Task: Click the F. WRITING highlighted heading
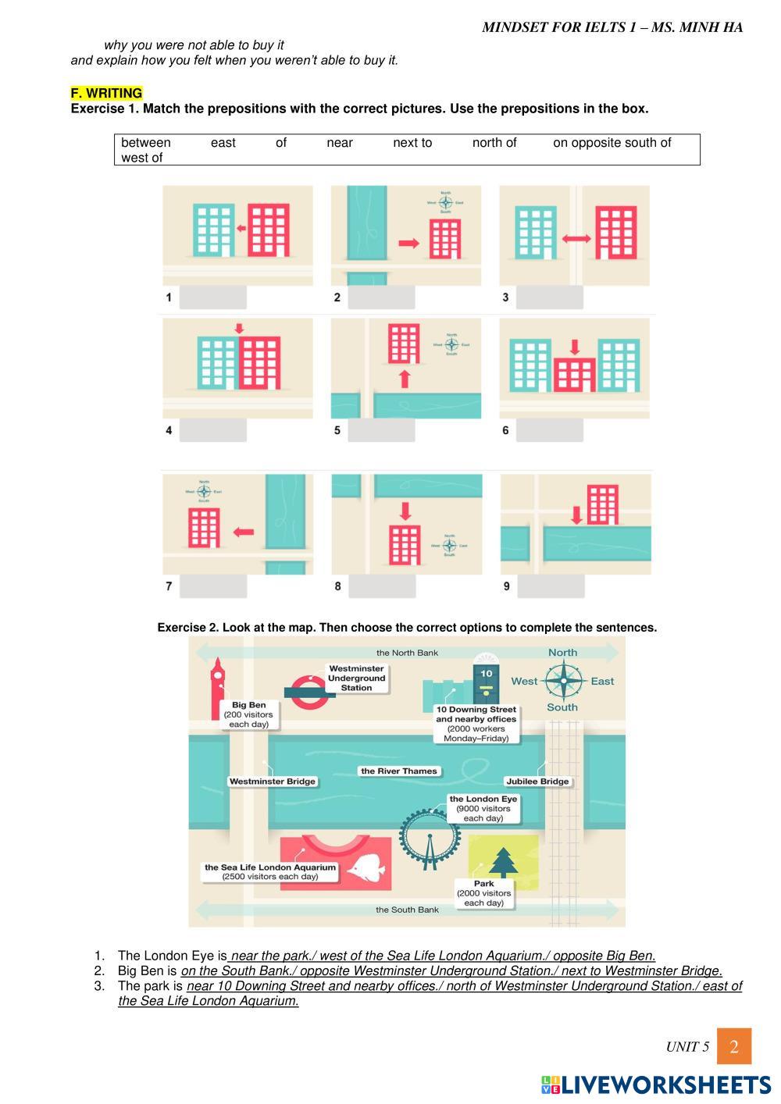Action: coord(106,93)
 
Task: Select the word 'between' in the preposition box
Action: coord(145,143)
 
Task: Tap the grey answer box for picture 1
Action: coord(212,297)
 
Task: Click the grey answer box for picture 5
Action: coord(381,429)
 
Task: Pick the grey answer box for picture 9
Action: coord(550,586)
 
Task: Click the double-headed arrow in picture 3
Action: coord(576,239)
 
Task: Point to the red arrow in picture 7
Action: coord(244,532)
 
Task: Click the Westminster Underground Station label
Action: coord(356,678)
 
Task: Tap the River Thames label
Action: coord(398,771)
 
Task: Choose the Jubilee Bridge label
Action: coord(537,781)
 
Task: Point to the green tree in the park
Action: coord(503,861)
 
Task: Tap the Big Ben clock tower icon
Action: coord(217,687)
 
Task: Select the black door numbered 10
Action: coord(486,682)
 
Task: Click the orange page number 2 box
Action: coord(734,1046)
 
